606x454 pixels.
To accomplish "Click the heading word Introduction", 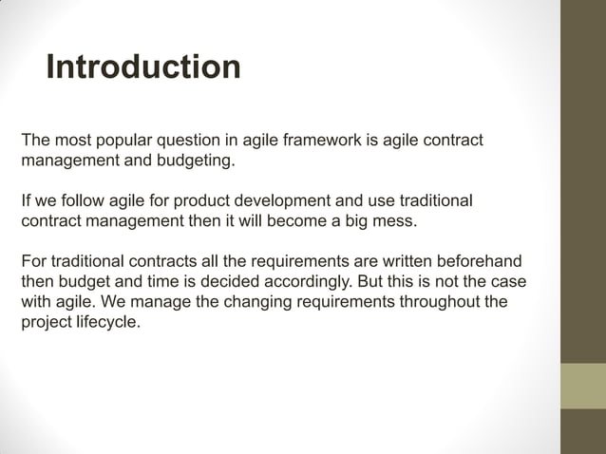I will pyautogui.click(x=142, y=68).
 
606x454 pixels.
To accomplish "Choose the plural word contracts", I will pyautogui.click(x=150, y=262).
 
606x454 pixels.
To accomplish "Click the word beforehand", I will pyautogui.click(x=481, y=262).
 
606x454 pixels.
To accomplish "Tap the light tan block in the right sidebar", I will pyautogui.click(x=582, y=386).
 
